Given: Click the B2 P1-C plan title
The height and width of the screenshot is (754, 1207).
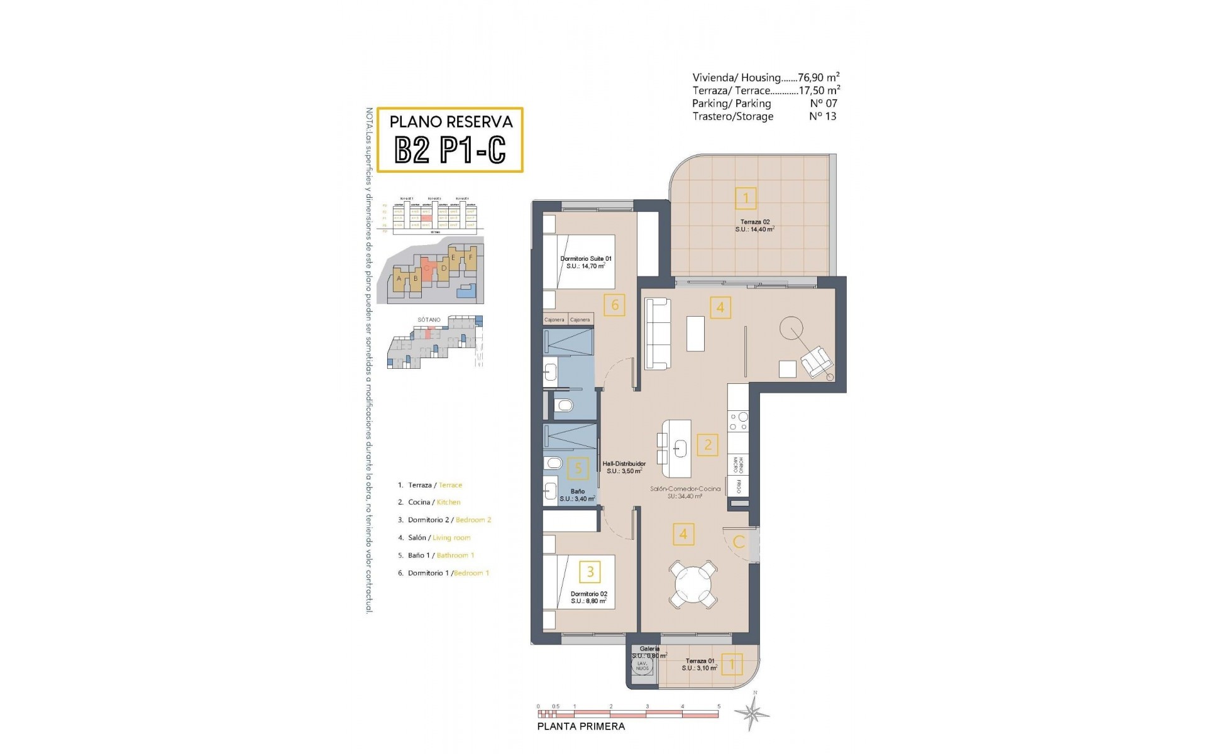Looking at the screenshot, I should click(x=450, y=150).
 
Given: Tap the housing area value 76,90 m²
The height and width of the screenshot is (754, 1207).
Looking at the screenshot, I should click(x=818, y=78).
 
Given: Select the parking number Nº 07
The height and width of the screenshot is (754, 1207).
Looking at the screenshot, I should click(x=823, y=103).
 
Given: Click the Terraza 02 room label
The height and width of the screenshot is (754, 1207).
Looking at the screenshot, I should click(x=754, y=222).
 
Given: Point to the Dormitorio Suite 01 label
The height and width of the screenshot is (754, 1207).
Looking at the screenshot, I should click(x=585, y=259).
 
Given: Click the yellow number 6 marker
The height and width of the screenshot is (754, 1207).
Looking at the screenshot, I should click(x=615, y=305).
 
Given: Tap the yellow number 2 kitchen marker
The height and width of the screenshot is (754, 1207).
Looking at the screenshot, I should click(x=708, y=445).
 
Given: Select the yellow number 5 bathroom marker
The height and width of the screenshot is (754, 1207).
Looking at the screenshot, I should click(x=578, y=467).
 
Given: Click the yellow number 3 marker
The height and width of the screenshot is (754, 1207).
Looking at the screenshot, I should click(x=590, y=572).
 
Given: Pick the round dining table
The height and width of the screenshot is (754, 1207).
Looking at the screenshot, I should click(x=693, y=584).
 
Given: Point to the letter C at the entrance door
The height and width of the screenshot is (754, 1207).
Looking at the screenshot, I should click(x=739, y=542).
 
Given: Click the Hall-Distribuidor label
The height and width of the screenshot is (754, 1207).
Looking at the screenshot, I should click(x=624, y=464).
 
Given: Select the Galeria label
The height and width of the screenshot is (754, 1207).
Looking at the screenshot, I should click(x=649, y=648).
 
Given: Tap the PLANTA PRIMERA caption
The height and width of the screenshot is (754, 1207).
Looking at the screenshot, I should click(x=581, y=726).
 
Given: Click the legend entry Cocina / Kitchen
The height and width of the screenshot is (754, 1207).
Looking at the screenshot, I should click(x=434, y=502).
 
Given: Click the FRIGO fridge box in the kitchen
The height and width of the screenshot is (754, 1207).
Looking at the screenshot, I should click(x=738, y=486).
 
